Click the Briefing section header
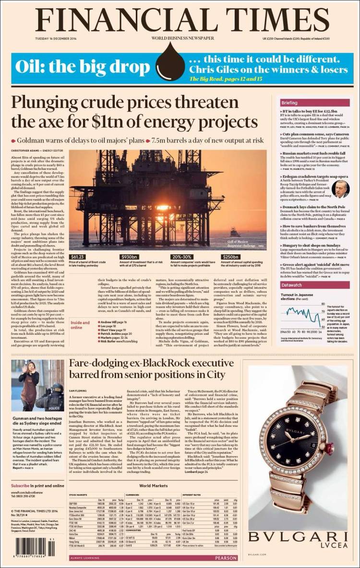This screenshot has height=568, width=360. pyautogui.click(x=289, y=103)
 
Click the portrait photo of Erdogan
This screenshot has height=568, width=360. pyautogui.click(x=340, y=189)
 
